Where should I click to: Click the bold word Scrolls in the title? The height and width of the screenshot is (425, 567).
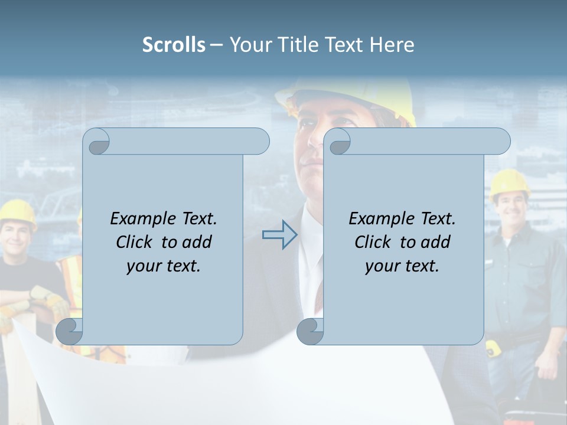pyautogui.click(x=174, y=45)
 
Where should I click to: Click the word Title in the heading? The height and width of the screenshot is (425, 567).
pyautogui.click(x=302, y=45)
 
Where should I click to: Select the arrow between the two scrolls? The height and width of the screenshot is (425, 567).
pyautogui.click(x=279, y=234)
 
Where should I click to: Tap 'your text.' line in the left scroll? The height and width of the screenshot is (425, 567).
pyautogui.click(x=164, y=266)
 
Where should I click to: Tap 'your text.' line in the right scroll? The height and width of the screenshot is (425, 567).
pyautogui.click(x=402, y=266)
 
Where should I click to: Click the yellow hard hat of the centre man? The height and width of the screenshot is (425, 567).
pyautogui.click(x=348, y=97)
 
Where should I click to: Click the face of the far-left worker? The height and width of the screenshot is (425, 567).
pyautogui.click(x=17, y=235)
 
